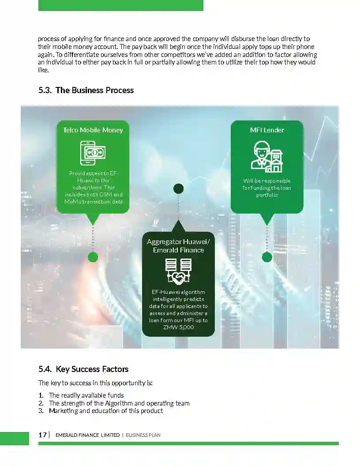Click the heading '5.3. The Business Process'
pyautogui.click(x=86, y=90)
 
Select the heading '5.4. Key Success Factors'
pyautogui.click(x=83, y=369)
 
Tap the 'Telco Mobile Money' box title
pyautogui.click(x=93, y=130)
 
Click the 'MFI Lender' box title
pyautogui.click(x=267, y=130)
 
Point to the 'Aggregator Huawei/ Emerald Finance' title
pyautogui.click(x=178, y=246)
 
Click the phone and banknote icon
pyautogui.click(x=93, y=153)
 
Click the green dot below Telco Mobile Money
pyautogui.click(x=93, y=257)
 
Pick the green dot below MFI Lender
pyautogui.click(x=267, y=257)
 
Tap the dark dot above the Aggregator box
pyautogui.click(x=178, y=189)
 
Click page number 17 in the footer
pyautogui.click(x=42, y=435)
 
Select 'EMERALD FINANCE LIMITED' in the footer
pyautogui.click(x=87, y=435)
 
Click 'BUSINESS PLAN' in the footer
pyautogui.click(x=143, y=435)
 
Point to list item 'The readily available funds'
pyautogui.click(x=86, y=395)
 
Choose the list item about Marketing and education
pyautogui.click(x=106, y=411)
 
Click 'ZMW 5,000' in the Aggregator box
pyautogui.click(x=178, y=327)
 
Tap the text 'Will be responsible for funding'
pyautogui.click(x=267, y=184)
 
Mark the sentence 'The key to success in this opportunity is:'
pyautogui.click(x=95, y=383)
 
